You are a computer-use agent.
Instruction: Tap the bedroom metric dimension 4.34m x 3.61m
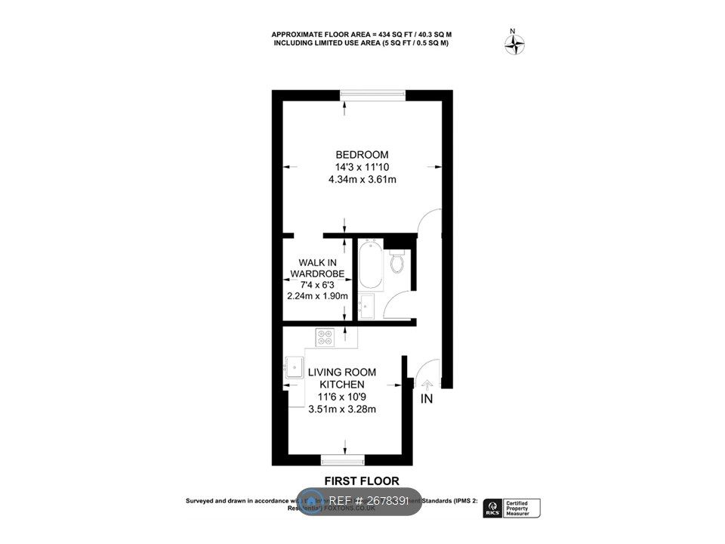coord(362,180)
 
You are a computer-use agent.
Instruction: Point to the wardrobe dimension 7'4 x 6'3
coord(317,284)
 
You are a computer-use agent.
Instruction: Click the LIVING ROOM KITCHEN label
coord(342,378)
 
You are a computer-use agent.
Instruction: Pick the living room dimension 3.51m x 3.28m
coord(342,410)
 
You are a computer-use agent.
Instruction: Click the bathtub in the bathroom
coord(370,264)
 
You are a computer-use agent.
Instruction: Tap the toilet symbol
coord(397,261)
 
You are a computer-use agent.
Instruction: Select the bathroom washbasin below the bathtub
coord(366,307)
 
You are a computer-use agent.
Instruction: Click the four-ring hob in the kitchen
coord(325,337)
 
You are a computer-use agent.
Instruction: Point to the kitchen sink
coord(293,369)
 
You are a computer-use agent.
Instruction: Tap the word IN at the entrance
coord(426,398)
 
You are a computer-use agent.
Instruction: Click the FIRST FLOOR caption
coord(362,481)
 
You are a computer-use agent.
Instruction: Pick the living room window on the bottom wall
coord(342,459)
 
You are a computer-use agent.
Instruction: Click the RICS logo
coord(493,507)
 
